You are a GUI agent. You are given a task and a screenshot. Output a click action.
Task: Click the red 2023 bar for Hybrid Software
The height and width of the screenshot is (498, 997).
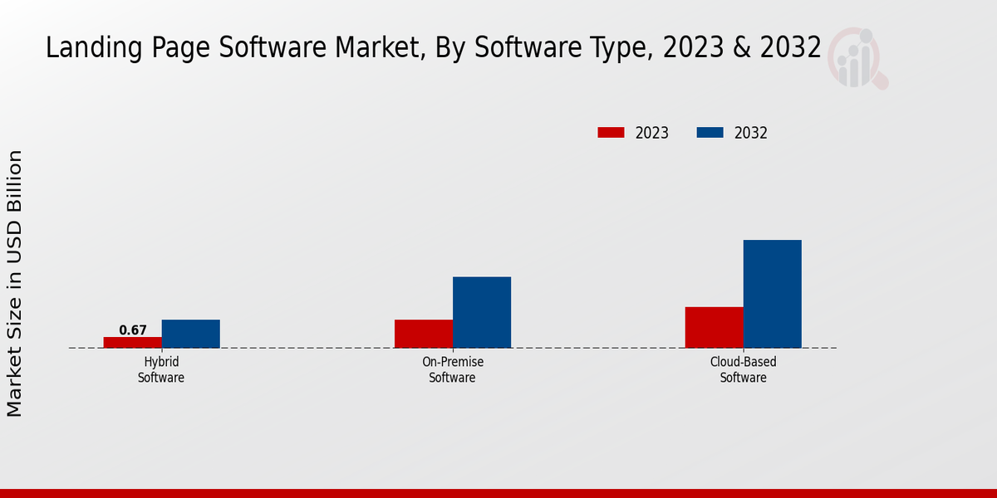click(133, 342)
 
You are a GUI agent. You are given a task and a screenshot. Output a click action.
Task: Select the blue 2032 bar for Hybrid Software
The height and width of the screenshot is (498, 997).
click(191, 334)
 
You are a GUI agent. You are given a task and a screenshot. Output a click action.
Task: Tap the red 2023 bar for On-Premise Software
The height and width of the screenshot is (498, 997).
click(424, 334)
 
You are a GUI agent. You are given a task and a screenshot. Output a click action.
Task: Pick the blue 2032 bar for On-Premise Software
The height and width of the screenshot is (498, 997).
click(482, 312)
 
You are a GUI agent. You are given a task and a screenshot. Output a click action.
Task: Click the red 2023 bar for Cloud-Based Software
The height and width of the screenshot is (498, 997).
click(714, 327)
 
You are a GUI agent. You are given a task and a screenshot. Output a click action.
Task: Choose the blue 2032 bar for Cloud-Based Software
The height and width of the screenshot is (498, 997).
click(772, 294)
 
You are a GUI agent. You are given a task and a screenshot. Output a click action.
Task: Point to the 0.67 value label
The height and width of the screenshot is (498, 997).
click(133, 330)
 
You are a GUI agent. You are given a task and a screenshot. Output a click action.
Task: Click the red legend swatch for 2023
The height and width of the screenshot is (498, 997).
click(611, 133)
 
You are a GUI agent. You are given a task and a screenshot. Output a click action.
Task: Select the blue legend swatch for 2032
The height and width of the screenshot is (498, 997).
click(709, 133)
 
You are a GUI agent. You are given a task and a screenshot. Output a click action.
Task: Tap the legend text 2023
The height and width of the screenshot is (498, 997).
click(652, 133)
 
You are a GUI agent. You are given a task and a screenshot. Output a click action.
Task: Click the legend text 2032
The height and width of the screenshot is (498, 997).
click(751, 133)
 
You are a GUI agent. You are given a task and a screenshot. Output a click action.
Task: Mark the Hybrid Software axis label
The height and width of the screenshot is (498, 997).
click(161, 370)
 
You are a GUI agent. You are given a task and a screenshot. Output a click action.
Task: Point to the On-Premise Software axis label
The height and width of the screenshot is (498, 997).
click(453, 370)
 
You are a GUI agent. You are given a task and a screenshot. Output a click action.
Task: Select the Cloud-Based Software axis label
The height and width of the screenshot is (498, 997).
click(743, 370)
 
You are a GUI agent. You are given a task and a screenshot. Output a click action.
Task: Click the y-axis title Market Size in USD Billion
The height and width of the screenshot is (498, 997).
click(15, 283)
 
